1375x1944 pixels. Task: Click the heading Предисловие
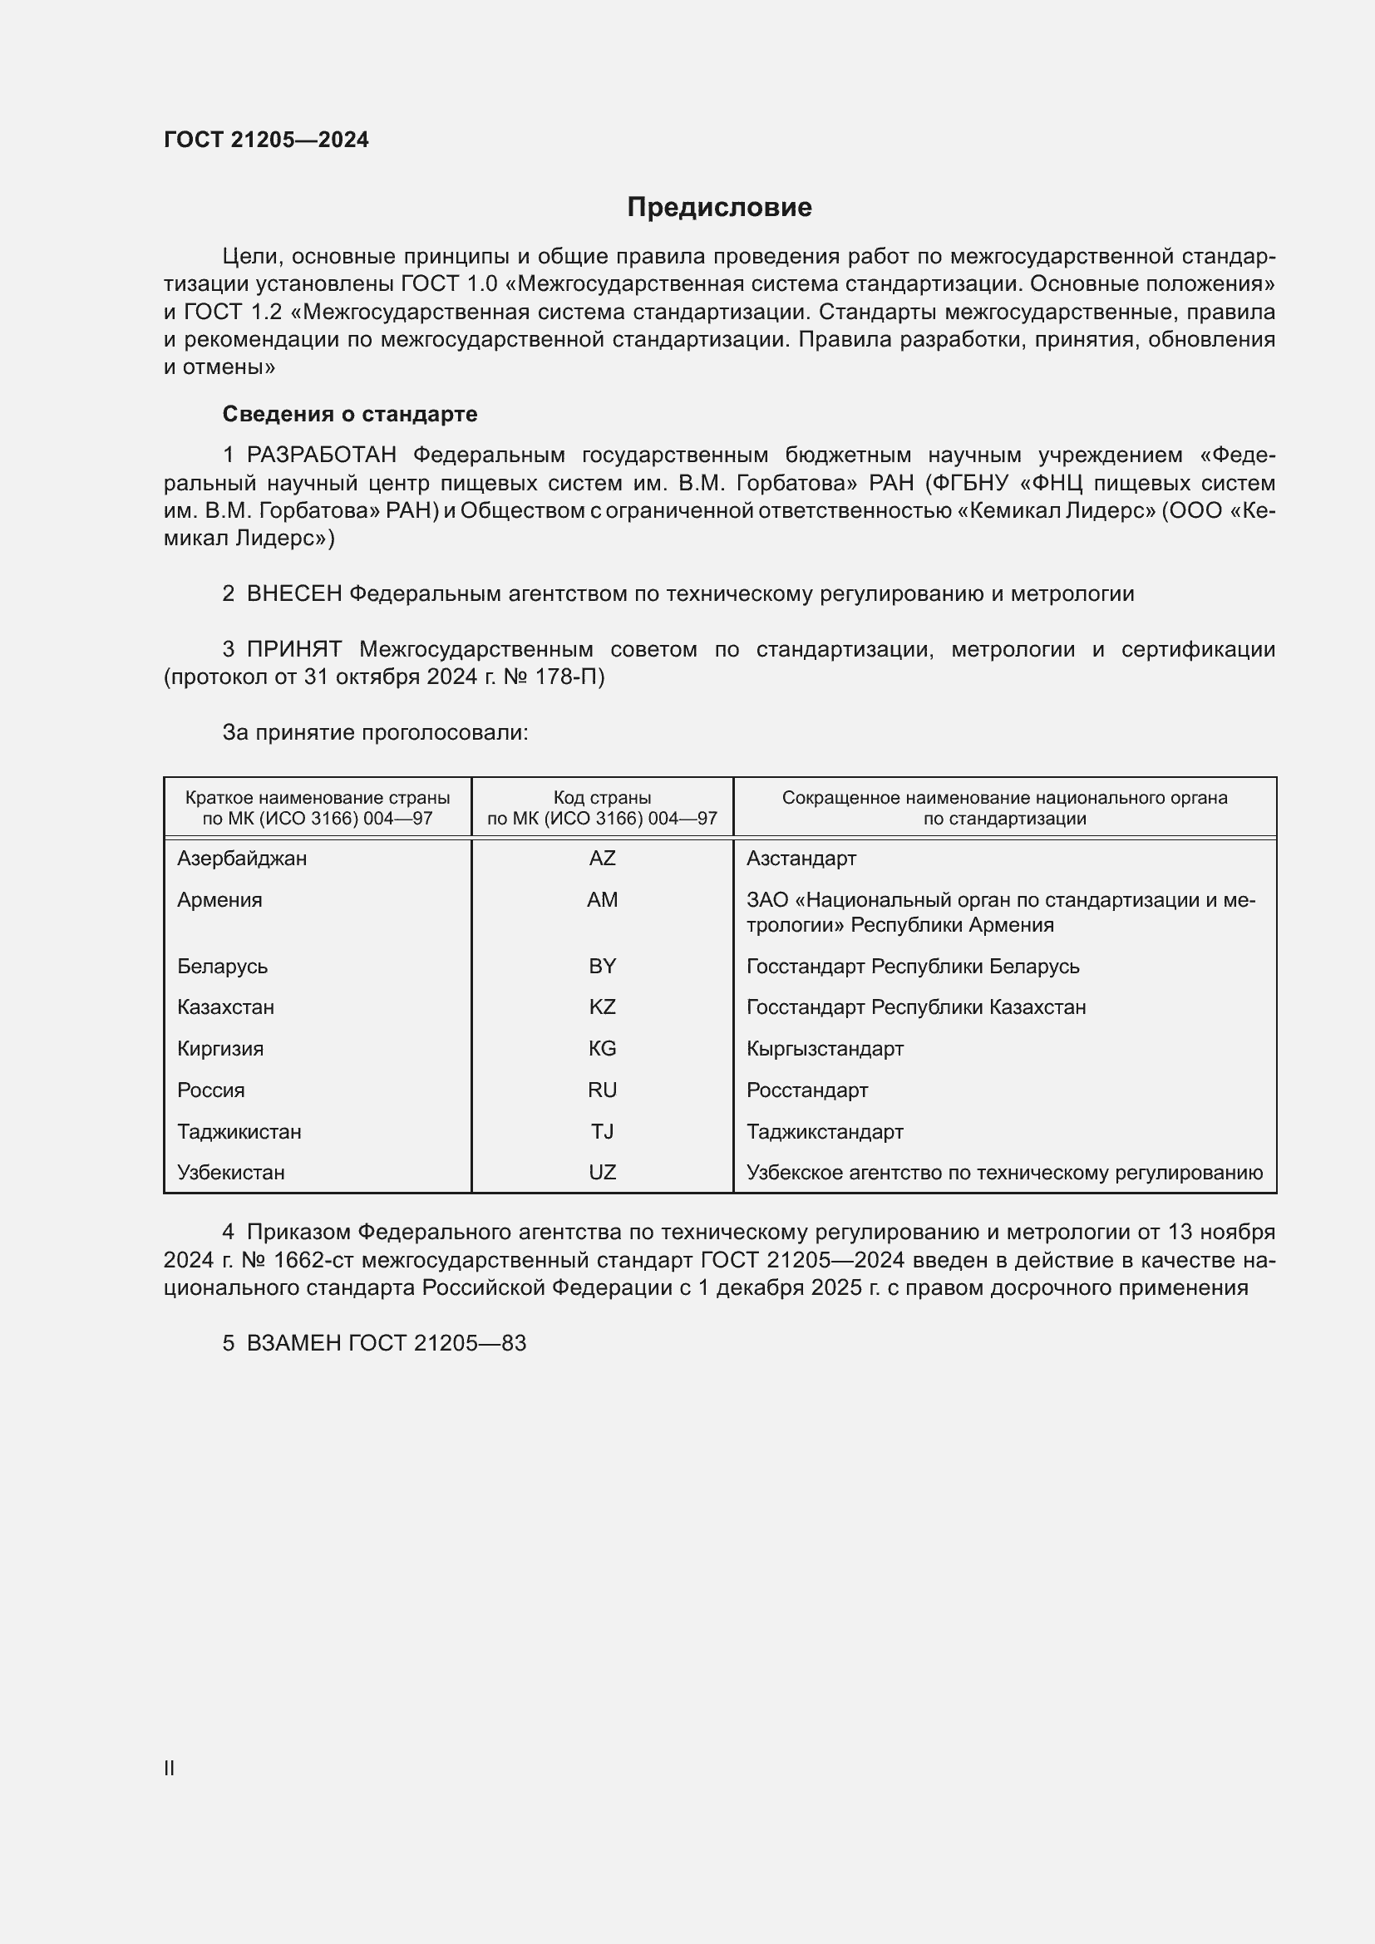pyautogui.click(x=719, y=208)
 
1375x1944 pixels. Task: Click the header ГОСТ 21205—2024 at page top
pyautogui.click(x=266, y=140)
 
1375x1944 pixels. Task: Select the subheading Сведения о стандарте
pyautogui.click(x=349, y=414)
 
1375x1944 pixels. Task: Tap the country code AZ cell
pyautogui.click(x=602, y=859)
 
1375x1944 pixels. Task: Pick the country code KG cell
pyautogui.click(x=602, y=1049)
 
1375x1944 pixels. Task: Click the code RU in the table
pyautogui.click(x=602, y=1090)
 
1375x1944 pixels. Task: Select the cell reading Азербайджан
pyautogui.click(x=241, y=859)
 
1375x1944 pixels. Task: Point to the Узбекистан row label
pyautogui.click(x=230, y=1173)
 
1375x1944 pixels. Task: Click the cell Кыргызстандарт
pyautogui.click(x=825, y=1049)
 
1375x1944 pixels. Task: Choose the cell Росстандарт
pyautogui.click(x=807, y=1090)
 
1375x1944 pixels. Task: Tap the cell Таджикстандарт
pyautogui.click(x=825, y=1132)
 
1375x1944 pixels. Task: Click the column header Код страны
pyautogui.click(x=602, y=798)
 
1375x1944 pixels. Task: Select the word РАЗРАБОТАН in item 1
pyautogui.click(x=321, y=455)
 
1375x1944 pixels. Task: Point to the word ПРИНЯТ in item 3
pyautogui.click(x=293, y=649)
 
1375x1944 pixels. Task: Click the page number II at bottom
pyautogui.click(x=170, y=1768)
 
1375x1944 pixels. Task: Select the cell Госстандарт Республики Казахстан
pyautogui.click(x=915, y=1007)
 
